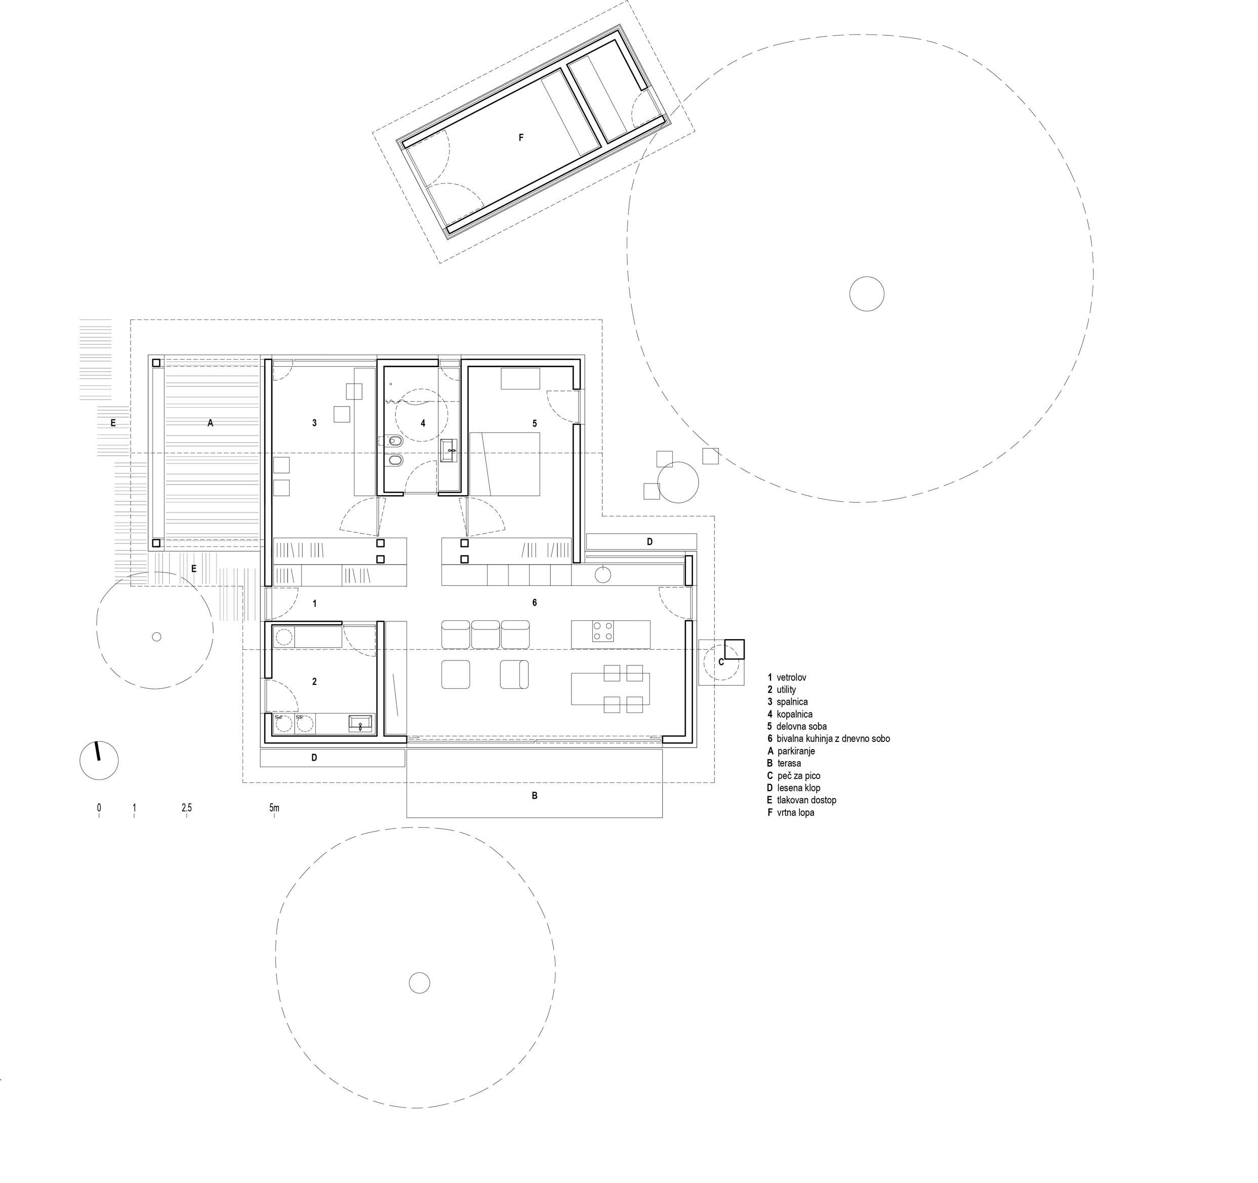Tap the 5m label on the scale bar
pos(274,808)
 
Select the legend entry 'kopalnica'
pos(790,714)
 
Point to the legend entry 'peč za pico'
pos(794,775)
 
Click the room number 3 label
pos(314,423)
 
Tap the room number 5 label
pos(535,423)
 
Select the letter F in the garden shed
pos(521,137)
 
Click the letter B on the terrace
pos(535,796)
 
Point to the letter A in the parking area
pos(211,423)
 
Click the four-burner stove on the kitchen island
pos(602,632)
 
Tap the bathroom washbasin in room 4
pos(451,450)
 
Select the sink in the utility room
pos(362,724)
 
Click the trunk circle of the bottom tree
pos(419,983)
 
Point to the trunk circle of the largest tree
pos(866,294)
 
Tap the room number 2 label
pos(314,681)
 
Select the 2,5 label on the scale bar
pos(186,808)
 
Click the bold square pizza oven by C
pos(735,649)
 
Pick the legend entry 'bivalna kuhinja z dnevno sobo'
pos(829,739)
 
